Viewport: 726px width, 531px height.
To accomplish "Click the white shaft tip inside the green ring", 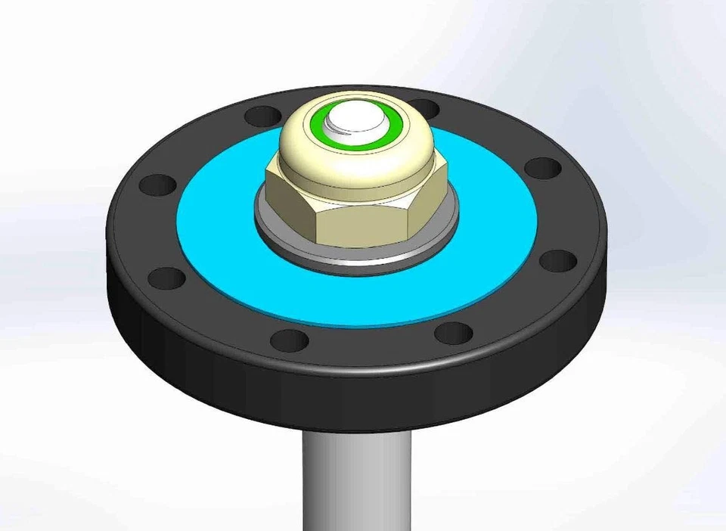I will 353,116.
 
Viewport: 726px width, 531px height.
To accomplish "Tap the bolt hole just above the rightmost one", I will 542,167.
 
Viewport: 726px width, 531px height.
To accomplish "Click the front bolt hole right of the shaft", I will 453,333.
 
